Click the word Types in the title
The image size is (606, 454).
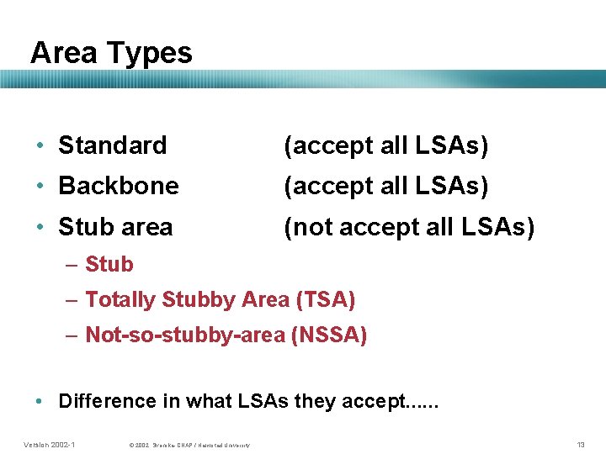pos(151,54)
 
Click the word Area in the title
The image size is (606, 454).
pos(63,53)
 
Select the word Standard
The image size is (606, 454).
pos(112,145)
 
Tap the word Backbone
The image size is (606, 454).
pos(118,186)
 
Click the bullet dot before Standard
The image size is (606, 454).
pos(40,145)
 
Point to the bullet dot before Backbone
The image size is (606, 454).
pos(40,186)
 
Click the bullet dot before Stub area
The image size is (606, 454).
pos(40,227)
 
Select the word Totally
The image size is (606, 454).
pos(120,299)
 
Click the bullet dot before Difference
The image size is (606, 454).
pos(40,401)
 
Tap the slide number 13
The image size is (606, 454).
pos(580,444)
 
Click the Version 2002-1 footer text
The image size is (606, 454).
pos(50,444)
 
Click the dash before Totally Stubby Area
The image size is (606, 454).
pos(72,299)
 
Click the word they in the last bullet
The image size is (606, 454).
pos(316,401)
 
